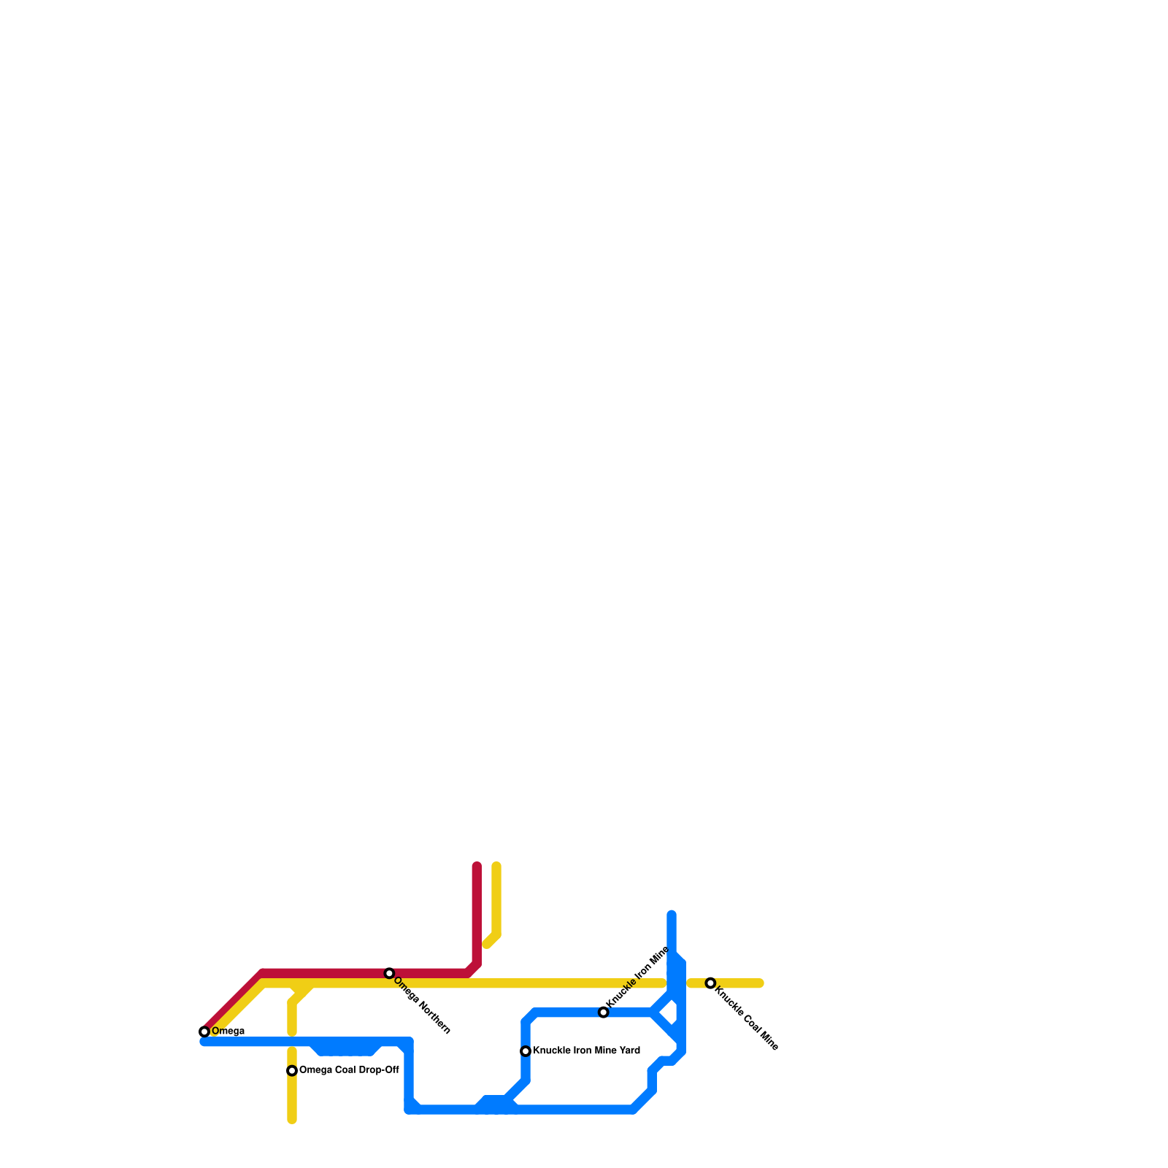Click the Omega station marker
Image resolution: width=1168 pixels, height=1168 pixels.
[204, 1031]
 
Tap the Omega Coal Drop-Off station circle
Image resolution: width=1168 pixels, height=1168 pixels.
[292, 1071]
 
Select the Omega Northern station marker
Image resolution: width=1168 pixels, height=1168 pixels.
[390, 973]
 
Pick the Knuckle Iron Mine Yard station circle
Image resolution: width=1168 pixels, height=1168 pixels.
[526, 1051]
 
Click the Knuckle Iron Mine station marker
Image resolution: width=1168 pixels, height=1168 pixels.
[603, 1013]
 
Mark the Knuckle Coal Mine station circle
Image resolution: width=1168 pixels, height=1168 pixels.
[710, 983]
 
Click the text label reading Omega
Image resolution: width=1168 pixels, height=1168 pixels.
[228, 1031]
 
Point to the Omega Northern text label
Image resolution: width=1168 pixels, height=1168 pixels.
[422, 1005]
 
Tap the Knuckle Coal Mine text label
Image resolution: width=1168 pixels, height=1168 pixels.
[746, 1018]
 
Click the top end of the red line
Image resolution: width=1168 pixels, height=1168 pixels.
[477, 867]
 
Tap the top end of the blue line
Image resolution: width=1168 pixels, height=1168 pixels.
[672, 914]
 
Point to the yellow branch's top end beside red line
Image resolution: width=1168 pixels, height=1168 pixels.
[496, 867]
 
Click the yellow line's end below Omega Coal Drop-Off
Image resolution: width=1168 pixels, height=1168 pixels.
[292, 1120]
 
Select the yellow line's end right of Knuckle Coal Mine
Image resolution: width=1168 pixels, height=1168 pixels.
[760, 983]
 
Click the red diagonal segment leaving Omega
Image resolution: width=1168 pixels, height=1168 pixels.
[232, 1002]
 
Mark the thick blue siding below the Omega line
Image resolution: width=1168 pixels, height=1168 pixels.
[345, 1048]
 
